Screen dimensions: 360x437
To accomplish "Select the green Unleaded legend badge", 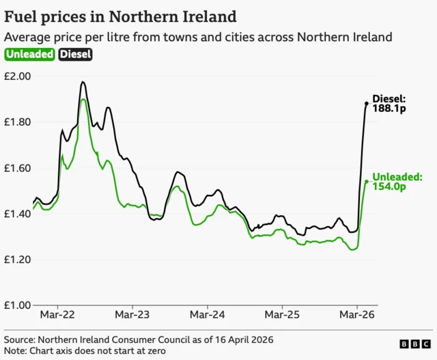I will point(30,55).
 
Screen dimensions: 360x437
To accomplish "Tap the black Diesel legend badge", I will point(76,55).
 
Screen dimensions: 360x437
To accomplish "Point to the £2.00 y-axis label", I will point(17,76).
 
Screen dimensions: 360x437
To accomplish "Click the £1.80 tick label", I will point(17,122).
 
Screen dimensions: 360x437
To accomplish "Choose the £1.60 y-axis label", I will point(17,168).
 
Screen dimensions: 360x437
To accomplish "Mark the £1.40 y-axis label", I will point(17,214).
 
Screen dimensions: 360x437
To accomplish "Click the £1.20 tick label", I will point(17,260).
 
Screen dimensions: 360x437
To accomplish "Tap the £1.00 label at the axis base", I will point(17,305).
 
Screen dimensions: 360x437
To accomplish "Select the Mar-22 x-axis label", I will point(57,316).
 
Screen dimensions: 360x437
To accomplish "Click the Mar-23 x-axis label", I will point(132,316).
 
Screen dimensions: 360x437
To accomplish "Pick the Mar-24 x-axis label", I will point(207,316).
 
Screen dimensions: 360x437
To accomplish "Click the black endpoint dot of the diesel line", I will point(367,103).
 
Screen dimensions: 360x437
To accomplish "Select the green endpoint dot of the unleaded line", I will point(367,181).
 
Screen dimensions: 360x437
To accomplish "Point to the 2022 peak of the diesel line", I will point(83,82).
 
